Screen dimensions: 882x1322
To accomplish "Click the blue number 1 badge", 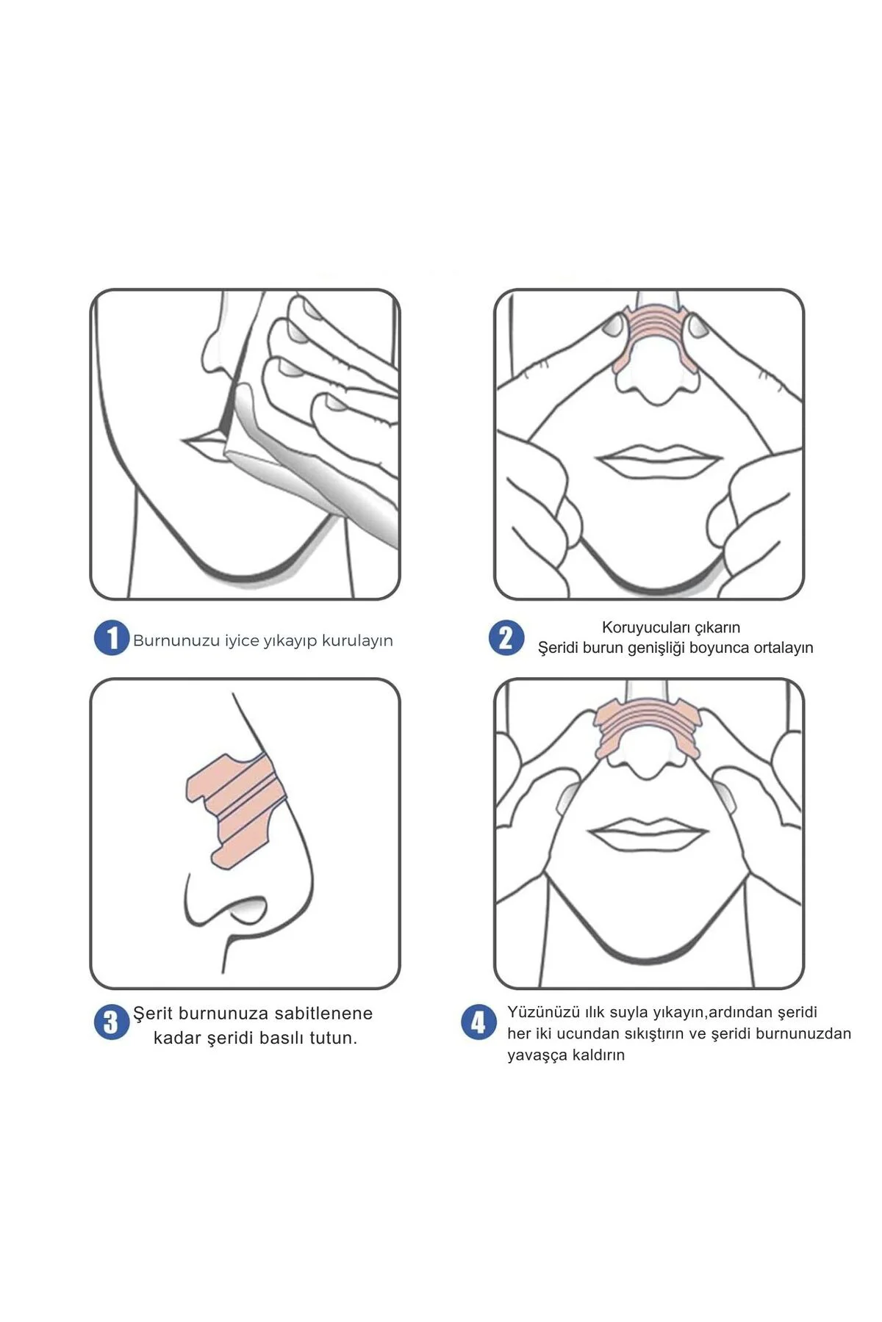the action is coord(111,638).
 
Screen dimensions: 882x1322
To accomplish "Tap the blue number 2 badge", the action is coord(506,637).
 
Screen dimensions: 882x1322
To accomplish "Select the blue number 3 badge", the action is coord(111,1022).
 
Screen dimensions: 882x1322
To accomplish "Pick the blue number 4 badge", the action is coord(478,1022).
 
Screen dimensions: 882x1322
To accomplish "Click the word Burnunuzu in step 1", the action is coord(176,640).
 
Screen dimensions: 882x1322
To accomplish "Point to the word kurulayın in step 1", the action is coord(357,641).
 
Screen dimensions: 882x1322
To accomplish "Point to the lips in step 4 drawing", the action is coord(648,834).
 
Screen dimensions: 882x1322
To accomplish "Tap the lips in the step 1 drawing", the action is coord(204,443).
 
